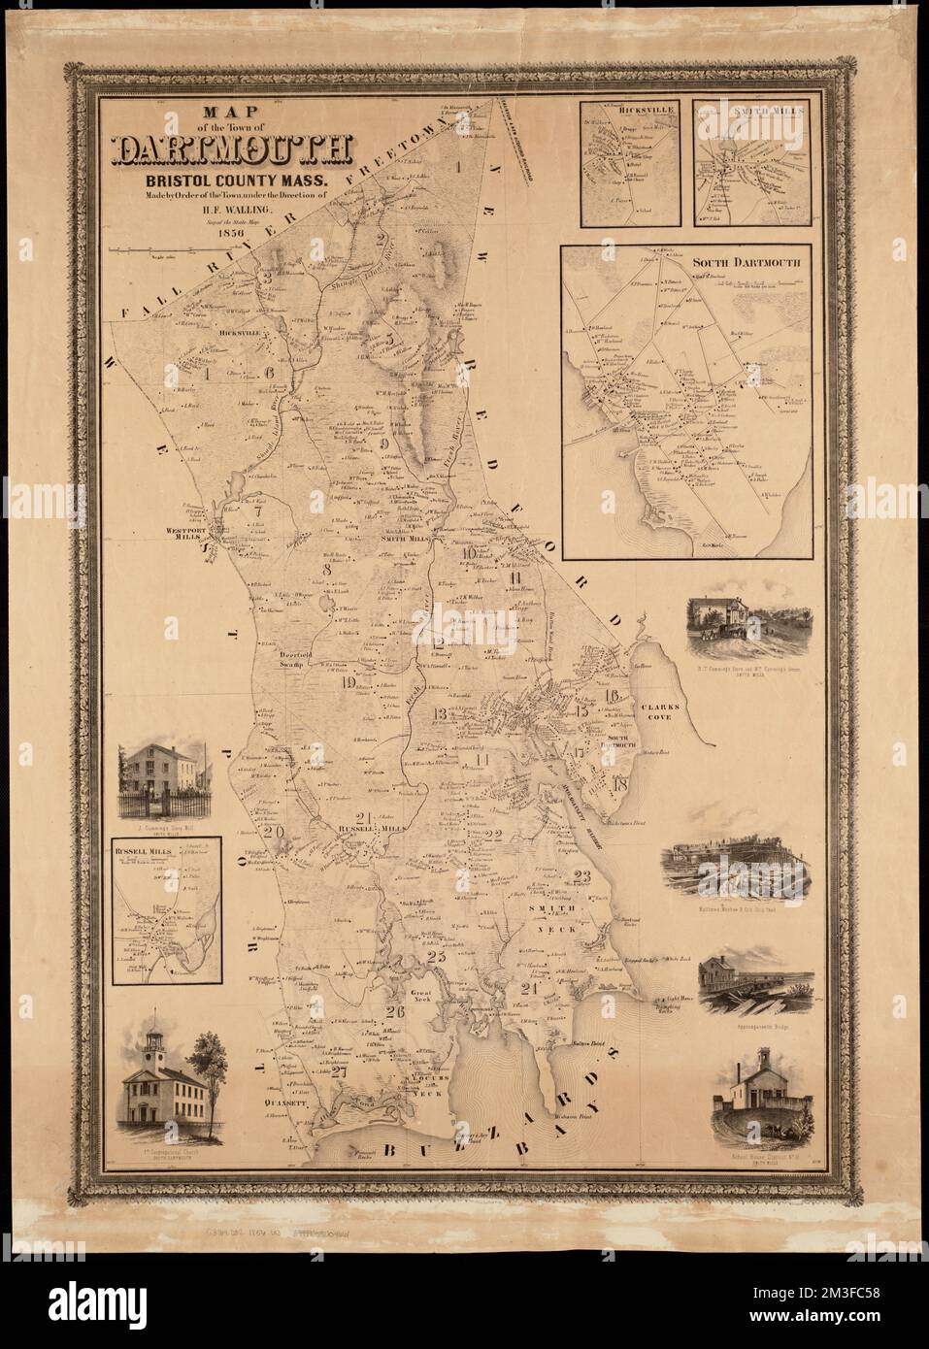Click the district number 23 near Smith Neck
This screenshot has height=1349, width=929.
(x=581, y=876)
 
